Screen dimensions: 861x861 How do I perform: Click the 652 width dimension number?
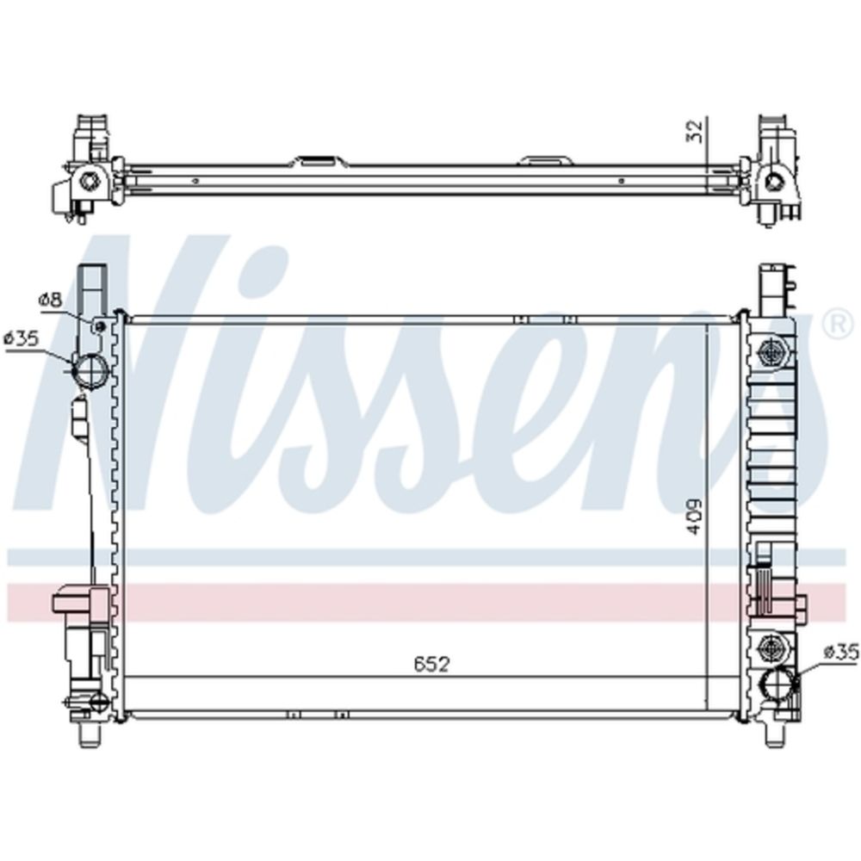431,664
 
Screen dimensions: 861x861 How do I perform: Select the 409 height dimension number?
695,516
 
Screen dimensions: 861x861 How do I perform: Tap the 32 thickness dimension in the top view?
695,131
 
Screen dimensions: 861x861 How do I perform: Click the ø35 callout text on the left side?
22,338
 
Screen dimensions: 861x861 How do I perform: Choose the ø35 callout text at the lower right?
840,653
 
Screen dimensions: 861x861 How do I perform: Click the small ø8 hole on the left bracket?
100,327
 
